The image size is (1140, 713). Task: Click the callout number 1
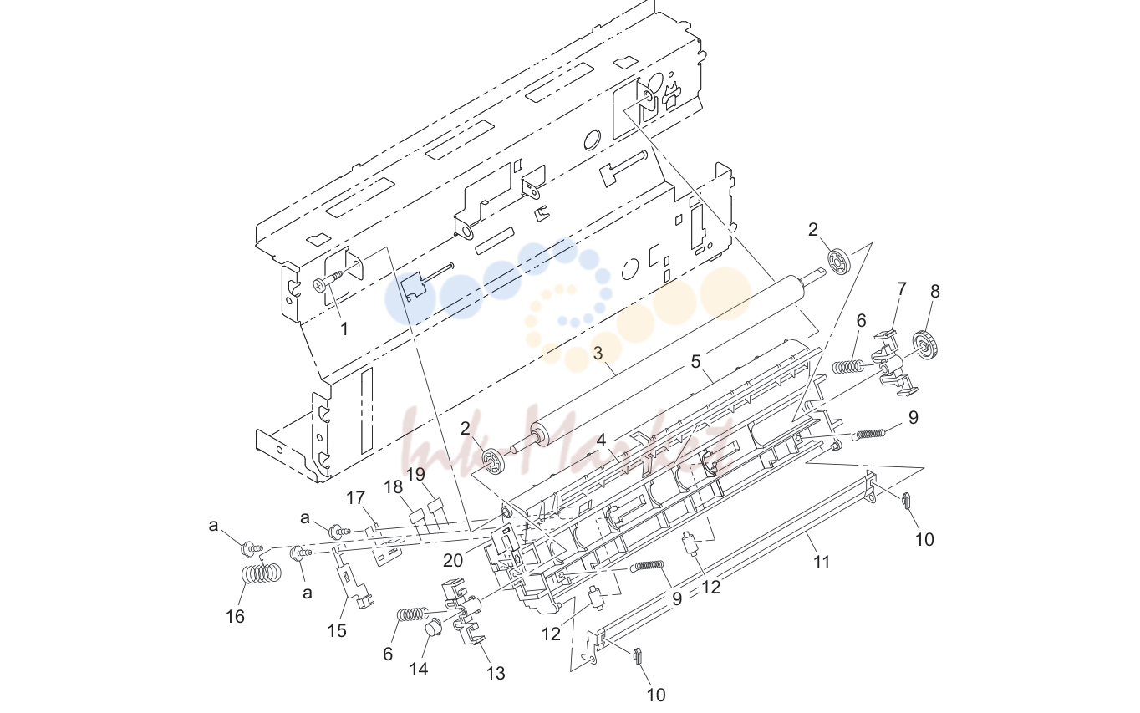(344, 329)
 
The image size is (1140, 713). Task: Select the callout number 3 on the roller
(598, 354)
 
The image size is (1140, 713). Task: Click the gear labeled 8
(926, 344)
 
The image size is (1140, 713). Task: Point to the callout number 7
(901, 289)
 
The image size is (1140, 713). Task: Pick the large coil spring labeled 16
(261, 573)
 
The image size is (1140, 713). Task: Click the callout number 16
(235, 616)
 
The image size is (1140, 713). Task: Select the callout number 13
(496, 674)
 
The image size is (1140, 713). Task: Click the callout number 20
(453, 560)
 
